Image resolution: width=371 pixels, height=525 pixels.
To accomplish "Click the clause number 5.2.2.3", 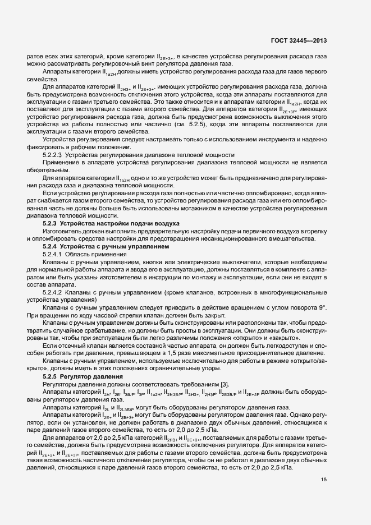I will pos(54,154).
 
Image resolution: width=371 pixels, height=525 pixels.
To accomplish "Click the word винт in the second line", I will pos(126,64).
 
